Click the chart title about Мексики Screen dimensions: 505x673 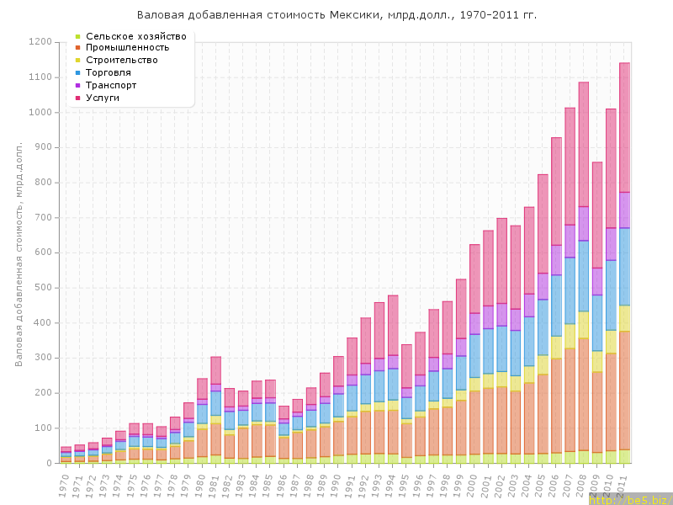coord(336,15)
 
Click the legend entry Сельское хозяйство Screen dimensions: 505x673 coord(135,36)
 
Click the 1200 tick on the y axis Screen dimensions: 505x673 coord(40,42)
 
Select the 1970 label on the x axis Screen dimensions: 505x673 coord(64,483)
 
